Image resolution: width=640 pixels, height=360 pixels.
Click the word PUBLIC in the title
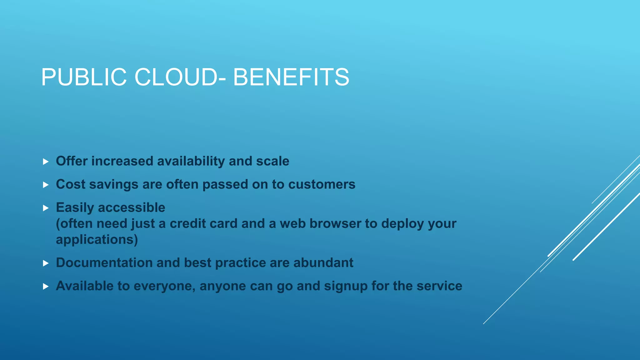coord(84,77)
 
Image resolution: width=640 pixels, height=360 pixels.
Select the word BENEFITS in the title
coord(291,77)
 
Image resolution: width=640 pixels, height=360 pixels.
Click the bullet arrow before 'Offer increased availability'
coord(46,162)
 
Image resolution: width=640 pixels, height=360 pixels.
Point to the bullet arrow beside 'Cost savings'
coord(46,185)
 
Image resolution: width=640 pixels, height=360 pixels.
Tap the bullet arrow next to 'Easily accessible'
coord(46,208)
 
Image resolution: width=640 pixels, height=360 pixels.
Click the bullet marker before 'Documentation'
coord(46,263)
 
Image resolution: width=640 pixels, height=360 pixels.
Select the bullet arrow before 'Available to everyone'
coord(46,286)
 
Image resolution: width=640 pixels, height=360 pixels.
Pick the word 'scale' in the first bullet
coord(272,161)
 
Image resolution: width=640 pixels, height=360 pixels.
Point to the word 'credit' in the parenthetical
coord(188,224)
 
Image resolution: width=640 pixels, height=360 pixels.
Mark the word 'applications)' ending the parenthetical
coord(97,240)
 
